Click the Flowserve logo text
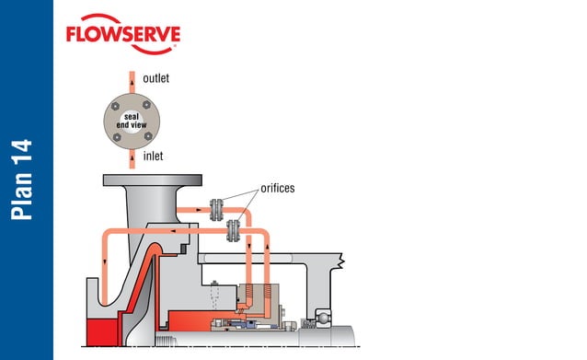[122, 36]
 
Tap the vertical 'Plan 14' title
[25, 180]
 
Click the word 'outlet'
[155, 79]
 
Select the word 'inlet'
[153, 157]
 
